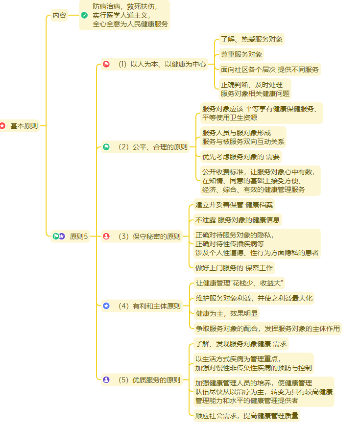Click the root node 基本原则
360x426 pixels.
(x=24, y=126)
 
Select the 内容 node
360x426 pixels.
(x=60, y=15)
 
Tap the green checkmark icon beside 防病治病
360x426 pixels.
(x=84, y=15)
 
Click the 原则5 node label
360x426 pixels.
(x=79, y=237)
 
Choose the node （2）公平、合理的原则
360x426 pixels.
(x=152, y=146)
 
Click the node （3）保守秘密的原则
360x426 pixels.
(x=149, y=237)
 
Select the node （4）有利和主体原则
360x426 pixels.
(x=149, y=306)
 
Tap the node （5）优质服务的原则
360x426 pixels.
(x=149, y=379)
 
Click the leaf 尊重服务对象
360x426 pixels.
(x=241, y=54)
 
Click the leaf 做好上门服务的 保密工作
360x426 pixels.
(x=234, y=268)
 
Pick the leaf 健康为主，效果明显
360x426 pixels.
(x=226, y=313)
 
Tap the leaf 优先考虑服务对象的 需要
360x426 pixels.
(x=241, y=157)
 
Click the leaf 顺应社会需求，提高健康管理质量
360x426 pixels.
(x=246, y=416)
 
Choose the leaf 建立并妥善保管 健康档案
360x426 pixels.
(x=234, y=205)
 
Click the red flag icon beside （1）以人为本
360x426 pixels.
(x=106, y=64)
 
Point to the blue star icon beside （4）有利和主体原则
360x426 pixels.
(x=106, y=306)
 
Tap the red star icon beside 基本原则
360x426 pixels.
(x=2, y=126)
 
